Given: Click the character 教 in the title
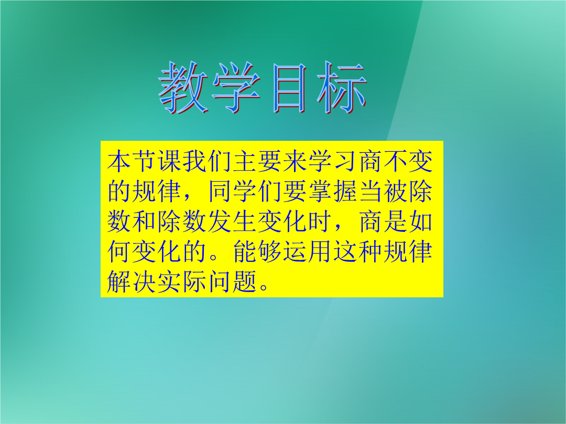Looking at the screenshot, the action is coord(183,87).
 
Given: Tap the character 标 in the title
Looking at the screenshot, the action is coord(342,87).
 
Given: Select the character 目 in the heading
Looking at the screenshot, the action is coord(289,88).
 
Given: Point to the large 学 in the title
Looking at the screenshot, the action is coord(236,87).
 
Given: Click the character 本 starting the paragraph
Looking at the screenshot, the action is coord(119,161).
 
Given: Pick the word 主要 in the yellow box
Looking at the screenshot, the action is coord(257,161).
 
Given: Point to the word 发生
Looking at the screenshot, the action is coord(232,221).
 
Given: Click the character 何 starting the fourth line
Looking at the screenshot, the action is coord(119,251).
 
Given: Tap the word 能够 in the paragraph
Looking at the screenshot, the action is coord(257,251).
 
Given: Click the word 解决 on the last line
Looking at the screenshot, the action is coord(132,281).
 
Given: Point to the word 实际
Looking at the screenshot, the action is coord(181,281).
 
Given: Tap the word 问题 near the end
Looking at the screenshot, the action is coord(232,281).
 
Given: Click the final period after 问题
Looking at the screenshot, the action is coord(264,287).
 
